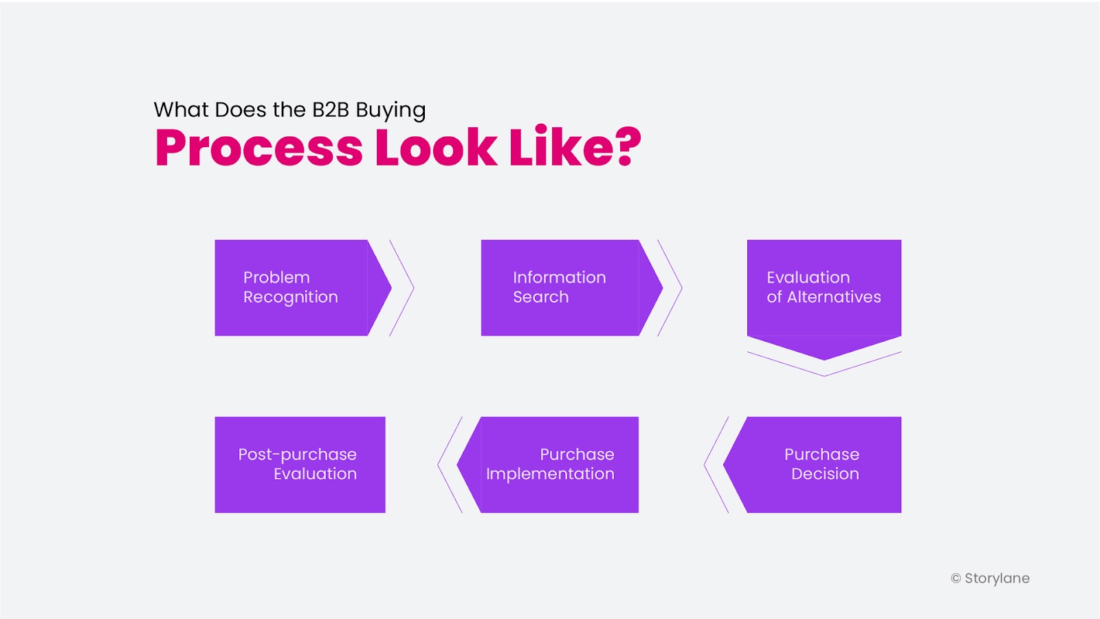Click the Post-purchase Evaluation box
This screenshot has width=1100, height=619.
point(300,465)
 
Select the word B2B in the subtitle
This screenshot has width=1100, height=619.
point(331,109)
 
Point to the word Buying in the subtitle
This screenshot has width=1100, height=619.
point(391,111)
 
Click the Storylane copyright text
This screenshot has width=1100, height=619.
point(990,578)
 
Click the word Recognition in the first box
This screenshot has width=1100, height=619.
point(291,298)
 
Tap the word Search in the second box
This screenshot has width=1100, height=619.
point(540,296)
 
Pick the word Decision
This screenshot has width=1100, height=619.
point(825,474)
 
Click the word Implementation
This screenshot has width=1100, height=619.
point(550,475)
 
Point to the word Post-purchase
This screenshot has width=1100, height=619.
point(297,455)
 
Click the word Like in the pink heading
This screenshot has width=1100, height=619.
point(558,146)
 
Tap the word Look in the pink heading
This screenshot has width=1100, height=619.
point(436,146)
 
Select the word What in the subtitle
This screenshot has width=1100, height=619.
point(181,109)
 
